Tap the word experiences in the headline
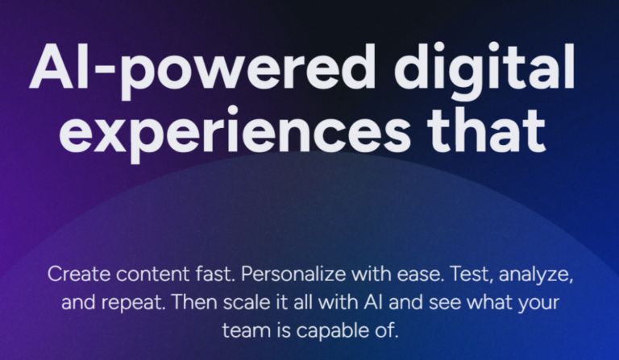click(x=235, y=131)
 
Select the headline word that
click(x=486, y=127)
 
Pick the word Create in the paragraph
click(x=79, y=274)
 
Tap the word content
click(x=153, y=275)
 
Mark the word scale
click(x=247, y=302)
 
